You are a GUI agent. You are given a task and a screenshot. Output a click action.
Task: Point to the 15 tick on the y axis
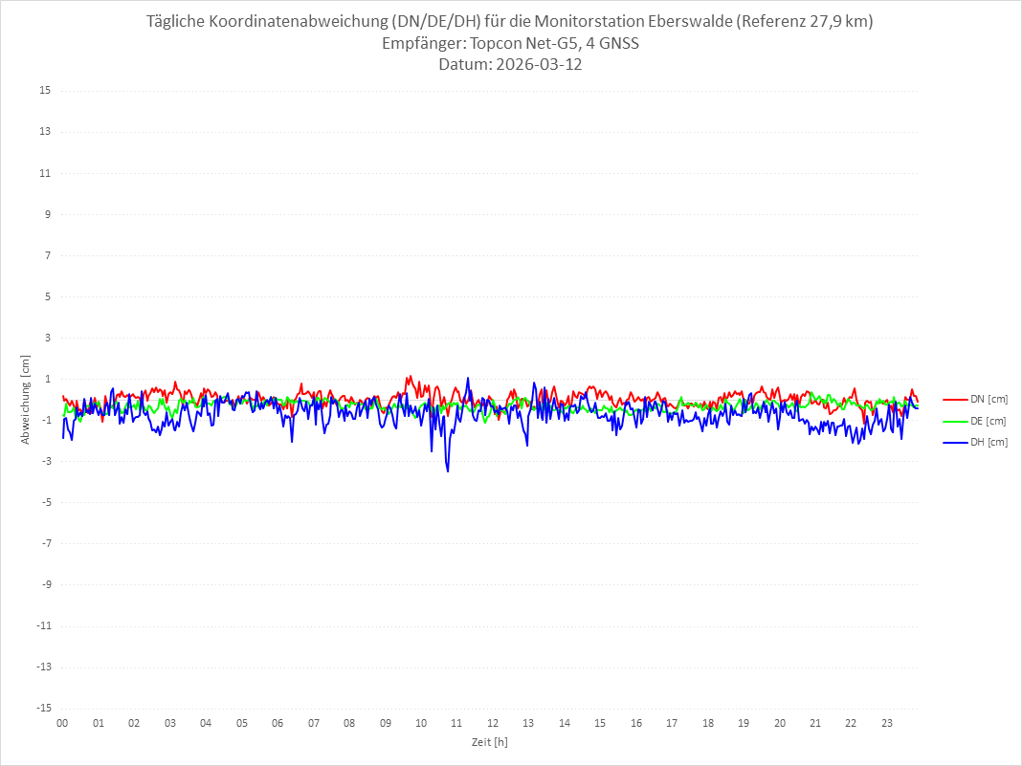point(45,91)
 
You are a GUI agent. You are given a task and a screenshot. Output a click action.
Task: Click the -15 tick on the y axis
point(43,708)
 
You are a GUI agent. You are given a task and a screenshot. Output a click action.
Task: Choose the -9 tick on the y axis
point(45,584)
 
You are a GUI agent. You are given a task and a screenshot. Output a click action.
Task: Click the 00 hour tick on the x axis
point(62,723)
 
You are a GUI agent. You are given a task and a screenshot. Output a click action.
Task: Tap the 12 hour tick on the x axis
point(493,723)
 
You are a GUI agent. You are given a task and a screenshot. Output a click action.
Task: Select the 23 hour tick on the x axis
point(887,723)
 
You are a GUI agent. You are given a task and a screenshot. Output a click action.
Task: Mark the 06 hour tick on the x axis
point(278,723)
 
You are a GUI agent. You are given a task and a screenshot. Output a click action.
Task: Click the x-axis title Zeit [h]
point(489,741)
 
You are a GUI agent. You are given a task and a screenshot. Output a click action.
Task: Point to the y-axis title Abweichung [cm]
point(26,399)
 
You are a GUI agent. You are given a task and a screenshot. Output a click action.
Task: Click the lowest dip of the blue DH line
point(447,471)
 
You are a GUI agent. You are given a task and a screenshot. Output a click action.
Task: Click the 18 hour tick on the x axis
point(708,723)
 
